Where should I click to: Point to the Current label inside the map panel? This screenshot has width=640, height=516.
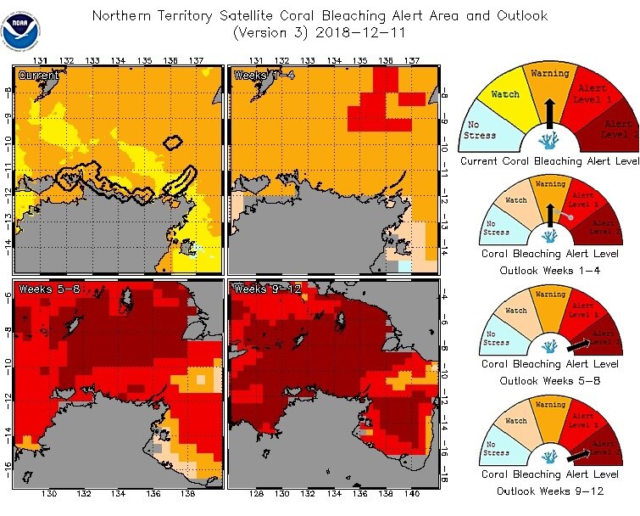coord(39,76)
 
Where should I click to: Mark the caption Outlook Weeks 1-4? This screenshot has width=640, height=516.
coord(549,270)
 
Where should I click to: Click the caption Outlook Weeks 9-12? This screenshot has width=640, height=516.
coord(549,491)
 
